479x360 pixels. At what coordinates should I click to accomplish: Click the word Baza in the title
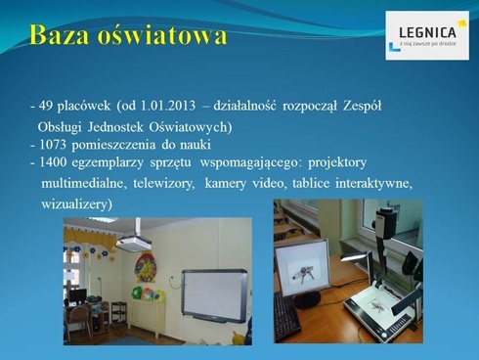[x=62, y=36]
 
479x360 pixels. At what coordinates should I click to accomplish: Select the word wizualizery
[x=76, y=203]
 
